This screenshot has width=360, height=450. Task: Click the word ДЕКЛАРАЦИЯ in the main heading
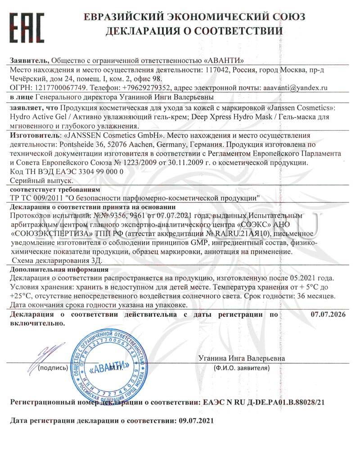[x=149, y=31]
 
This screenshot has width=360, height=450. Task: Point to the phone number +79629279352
[x=145, y=88]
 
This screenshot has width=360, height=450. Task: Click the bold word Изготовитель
[x=34, y=135]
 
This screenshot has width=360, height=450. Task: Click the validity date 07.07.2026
[x=328, y=314]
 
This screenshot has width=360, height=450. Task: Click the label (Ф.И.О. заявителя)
[x=243, y=368]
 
